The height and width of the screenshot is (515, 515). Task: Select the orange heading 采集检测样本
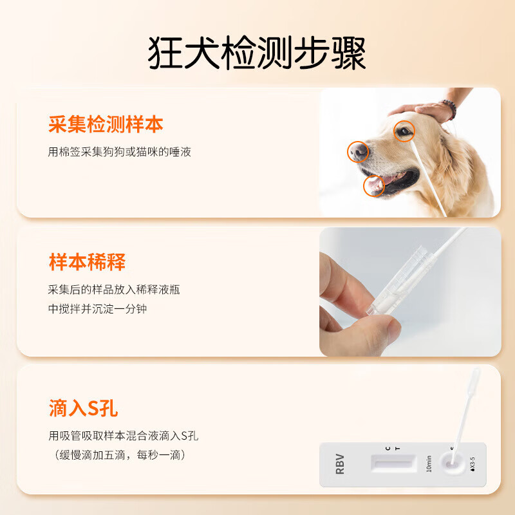(x=106, y=124)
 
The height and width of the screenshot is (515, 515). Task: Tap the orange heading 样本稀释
(x=87, y=262)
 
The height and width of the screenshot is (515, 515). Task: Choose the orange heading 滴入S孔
(x=83, y=407)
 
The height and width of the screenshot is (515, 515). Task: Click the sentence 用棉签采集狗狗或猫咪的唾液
(x=120, y=153)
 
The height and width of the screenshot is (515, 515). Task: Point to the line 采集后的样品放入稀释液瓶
(x=114, y=290)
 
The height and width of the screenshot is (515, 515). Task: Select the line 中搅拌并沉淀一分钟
(x=98, y=309)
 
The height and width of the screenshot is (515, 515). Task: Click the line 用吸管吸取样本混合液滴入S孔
(x=124, y=436)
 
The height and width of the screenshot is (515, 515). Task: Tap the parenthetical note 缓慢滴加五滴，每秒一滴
(x=119, y=455)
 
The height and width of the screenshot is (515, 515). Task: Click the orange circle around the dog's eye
(x=404, y=131)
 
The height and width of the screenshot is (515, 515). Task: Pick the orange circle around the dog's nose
(x=359, y=151)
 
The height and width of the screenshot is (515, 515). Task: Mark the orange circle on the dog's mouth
(x=374, y=186)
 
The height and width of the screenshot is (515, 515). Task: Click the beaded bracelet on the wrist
(x=449, y=110)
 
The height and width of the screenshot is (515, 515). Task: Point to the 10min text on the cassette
(x=428, y=463)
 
